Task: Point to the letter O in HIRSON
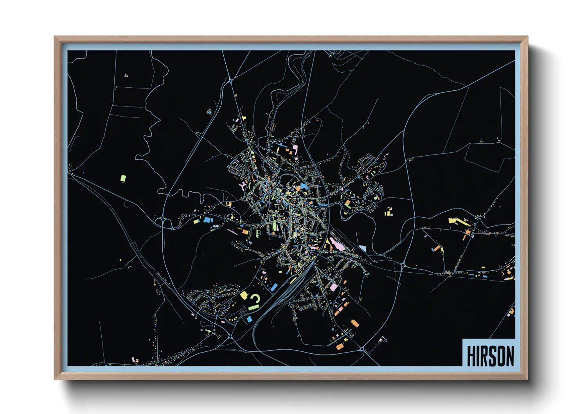500,356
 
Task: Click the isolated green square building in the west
123,178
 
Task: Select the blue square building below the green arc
249,319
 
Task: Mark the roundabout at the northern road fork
231,81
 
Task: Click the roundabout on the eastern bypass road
403,266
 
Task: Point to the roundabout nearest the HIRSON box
362,348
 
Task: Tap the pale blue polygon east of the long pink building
363,248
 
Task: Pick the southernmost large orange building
339,347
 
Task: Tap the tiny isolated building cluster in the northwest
126,75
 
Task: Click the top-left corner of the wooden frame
55,37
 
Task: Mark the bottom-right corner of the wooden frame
527,379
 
